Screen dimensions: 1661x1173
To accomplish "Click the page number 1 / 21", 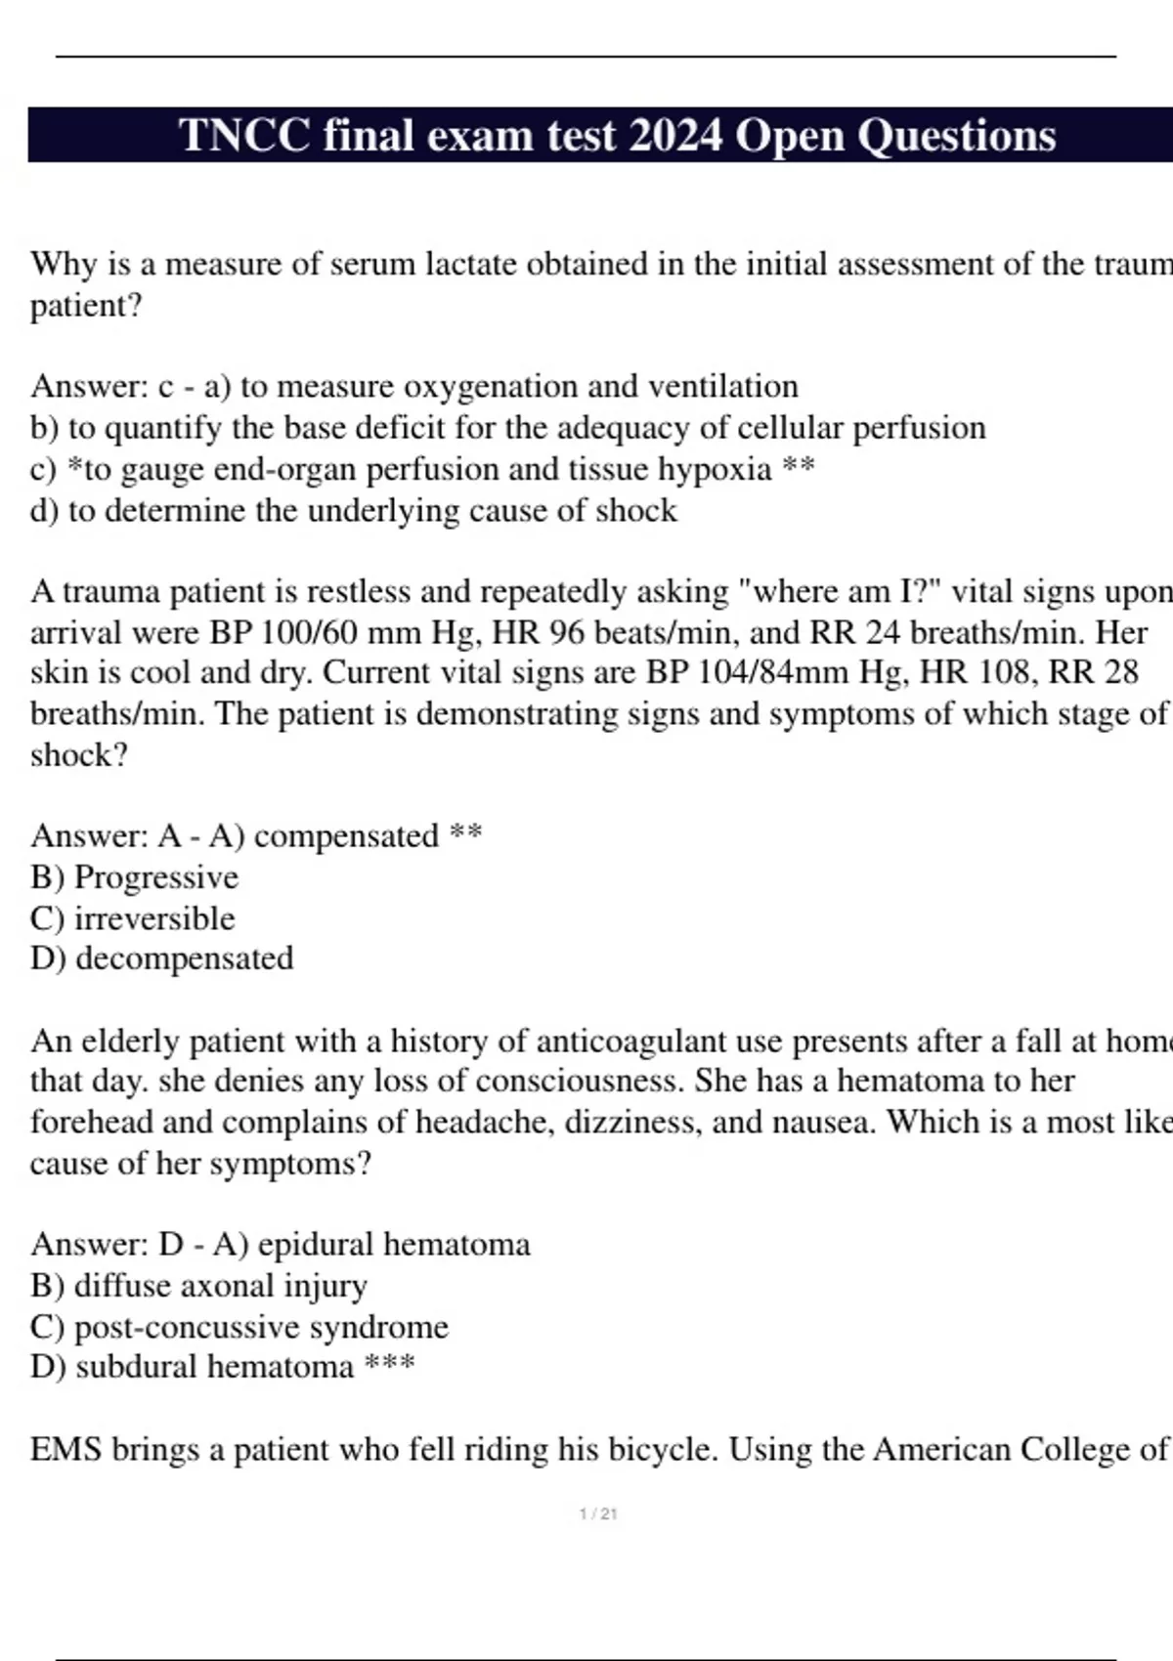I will coord(598,1514).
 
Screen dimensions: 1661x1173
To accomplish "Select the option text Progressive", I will coord(156,877).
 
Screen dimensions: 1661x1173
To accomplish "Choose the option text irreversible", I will coord(154,918).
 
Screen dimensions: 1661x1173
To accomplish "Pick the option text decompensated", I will coord(184,958).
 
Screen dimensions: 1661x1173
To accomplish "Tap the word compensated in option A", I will coord(346,836).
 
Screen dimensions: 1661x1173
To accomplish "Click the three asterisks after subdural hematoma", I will coord(389,1364).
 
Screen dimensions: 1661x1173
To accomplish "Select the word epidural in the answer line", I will coord(316,1245).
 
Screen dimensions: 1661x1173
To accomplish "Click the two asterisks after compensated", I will coord(465,834).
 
